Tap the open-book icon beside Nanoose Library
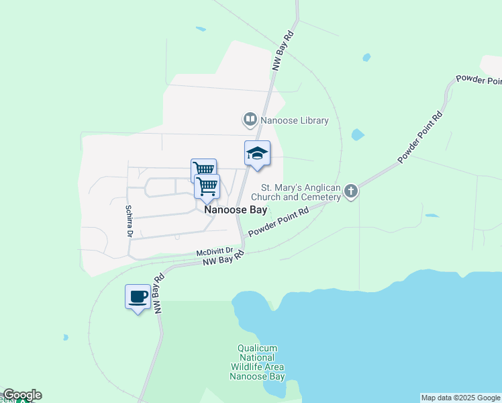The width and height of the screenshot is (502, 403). pos(250,120)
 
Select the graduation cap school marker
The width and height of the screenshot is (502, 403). pos(257,154)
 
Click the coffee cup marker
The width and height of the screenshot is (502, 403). pos(138,296)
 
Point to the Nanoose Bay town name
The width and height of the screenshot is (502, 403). pos(236,210)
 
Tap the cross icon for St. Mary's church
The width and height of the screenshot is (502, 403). pos(350,193)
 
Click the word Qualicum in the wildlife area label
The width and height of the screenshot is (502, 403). pos(258,348)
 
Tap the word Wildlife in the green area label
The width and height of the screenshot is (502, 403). pos(248,367)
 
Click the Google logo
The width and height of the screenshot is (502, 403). pos(21,395)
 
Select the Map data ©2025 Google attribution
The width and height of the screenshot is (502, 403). pos(461,398)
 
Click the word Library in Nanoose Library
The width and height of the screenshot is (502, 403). pos(313,121)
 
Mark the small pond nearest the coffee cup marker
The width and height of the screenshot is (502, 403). pos(65,337)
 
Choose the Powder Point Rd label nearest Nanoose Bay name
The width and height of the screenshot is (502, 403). pos(278,222)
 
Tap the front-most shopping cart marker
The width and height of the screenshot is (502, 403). pos(207,186)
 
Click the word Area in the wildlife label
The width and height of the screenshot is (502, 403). pos(274,367)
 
